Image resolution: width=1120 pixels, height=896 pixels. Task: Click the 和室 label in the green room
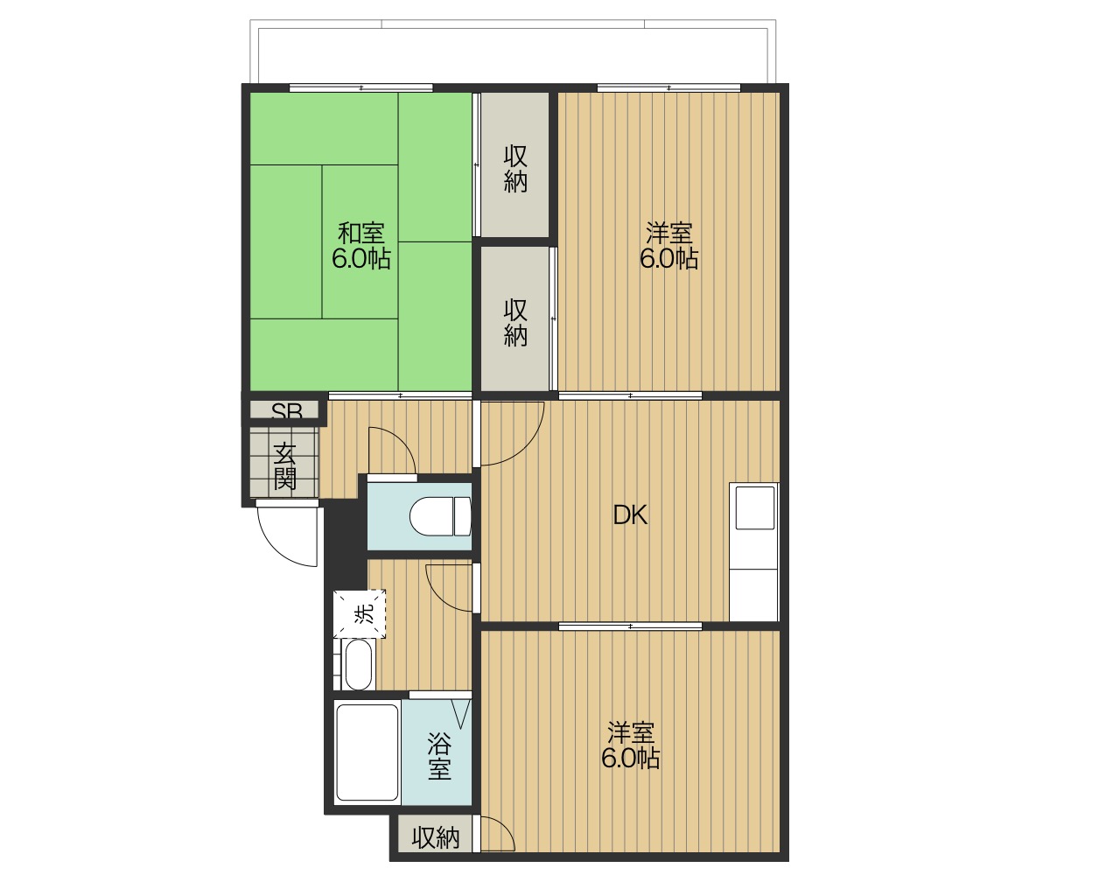[361, 233]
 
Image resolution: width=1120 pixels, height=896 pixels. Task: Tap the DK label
[630, 515]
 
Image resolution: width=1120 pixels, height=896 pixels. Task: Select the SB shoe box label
[287, 412]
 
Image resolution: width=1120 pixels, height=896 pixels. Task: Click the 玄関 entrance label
[284, 466]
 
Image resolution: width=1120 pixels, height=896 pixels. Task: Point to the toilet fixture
[440, 516]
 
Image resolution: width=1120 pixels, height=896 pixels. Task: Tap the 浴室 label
[439, 756]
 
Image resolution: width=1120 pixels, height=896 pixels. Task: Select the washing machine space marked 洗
[360, 614]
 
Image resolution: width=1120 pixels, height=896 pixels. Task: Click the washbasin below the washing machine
[359, 664]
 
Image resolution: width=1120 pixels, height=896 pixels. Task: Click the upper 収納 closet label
[515, 169]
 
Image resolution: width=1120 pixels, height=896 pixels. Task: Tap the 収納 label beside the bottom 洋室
[436, 838]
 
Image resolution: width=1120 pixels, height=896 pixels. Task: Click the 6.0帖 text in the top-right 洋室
[668, 259]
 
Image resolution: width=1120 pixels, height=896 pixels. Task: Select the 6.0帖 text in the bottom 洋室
[631, 759]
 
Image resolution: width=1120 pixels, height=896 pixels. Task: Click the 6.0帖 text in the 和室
[361, 259]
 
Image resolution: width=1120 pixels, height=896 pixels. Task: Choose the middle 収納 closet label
[515, 323]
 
